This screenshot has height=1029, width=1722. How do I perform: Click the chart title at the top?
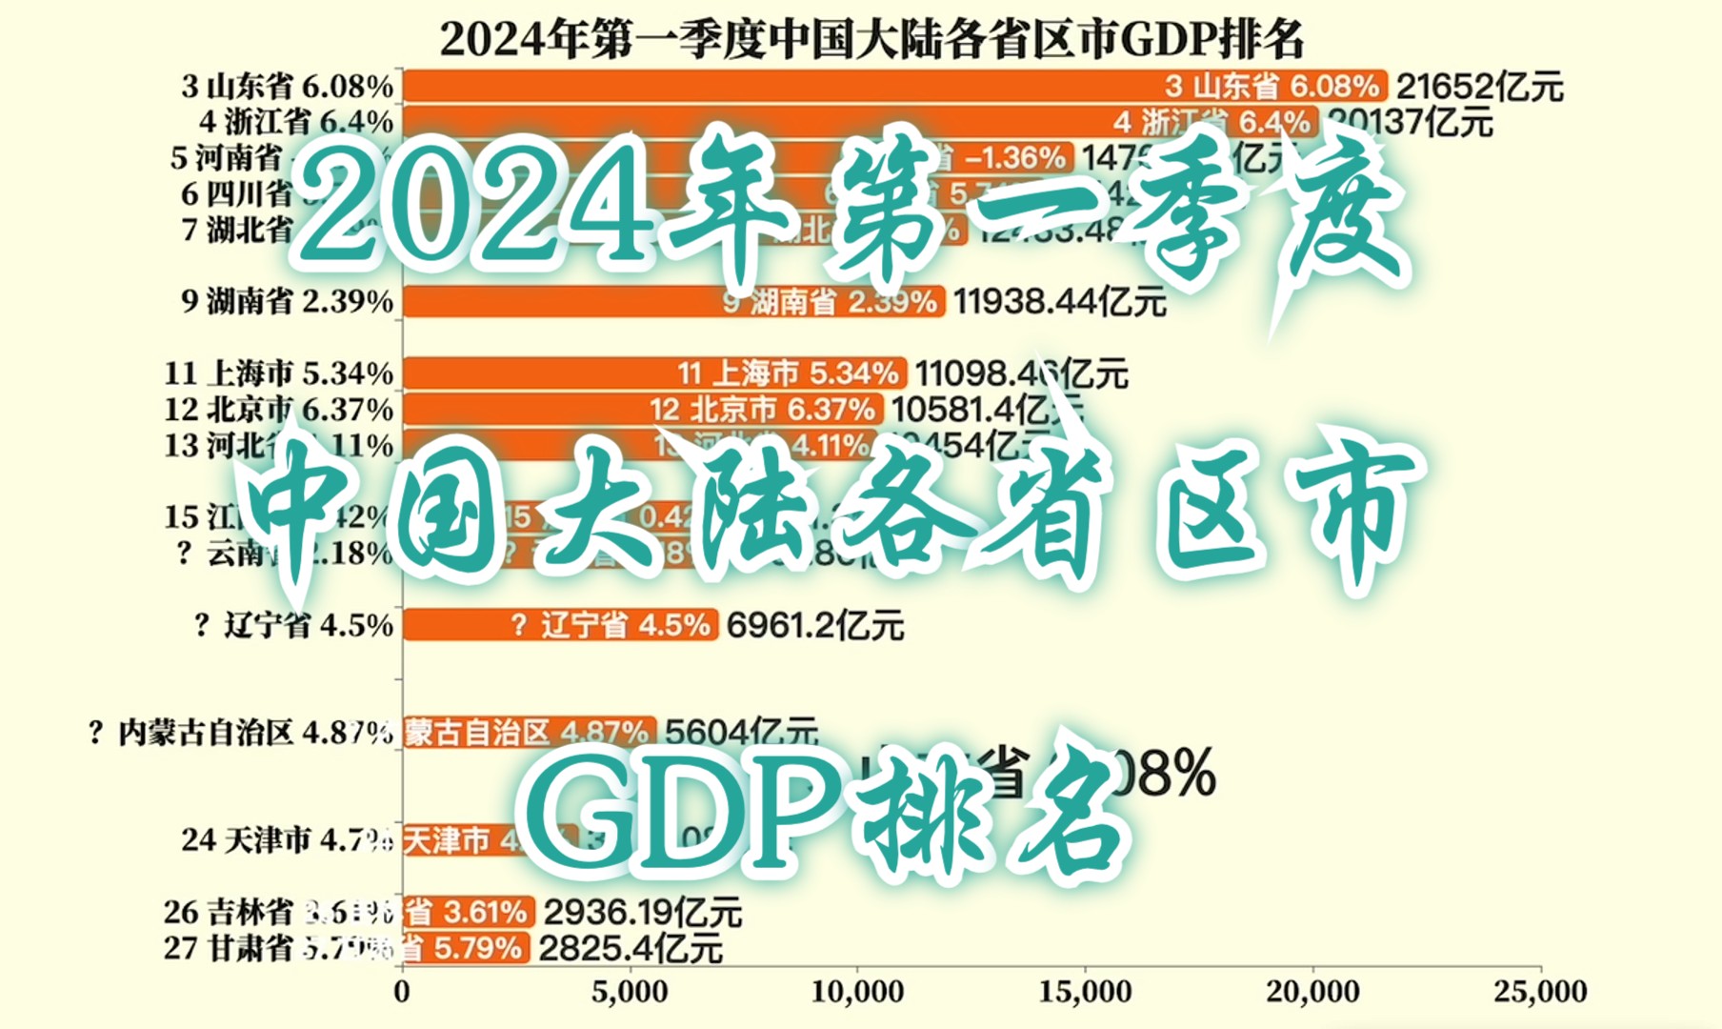click(871, 40)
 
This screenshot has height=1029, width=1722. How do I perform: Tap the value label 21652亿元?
click(1479, 87)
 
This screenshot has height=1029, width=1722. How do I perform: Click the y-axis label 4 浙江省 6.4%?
click(296, 122)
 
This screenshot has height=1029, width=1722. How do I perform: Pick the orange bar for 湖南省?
click(571, 302)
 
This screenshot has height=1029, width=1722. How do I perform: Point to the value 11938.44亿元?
click(1059, 302)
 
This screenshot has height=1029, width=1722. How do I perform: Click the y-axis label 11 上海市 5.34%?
click(279, 373)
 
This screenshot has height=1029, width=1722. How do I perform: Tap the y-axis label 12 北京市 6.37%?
click(279, 410)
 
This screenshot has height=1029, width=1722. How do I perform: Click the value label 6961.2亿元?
click(814, 626)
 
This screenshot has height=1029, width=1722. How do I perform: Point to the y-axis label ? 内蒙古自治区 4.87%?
click(240, 733)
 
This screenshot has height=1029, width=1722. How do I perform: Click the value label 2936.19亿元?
click(642, 913)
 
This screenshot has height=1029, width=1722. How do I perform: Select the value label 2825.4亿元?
click(630, 949)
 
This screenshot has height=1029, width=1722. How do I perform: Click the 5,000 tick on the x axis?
click(630, 992)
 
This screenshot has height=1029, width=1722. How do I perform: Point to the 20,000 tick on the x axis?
click(1312, 992)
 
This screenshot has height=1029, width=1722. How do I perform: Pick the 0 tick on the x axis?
click(402, 992)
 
